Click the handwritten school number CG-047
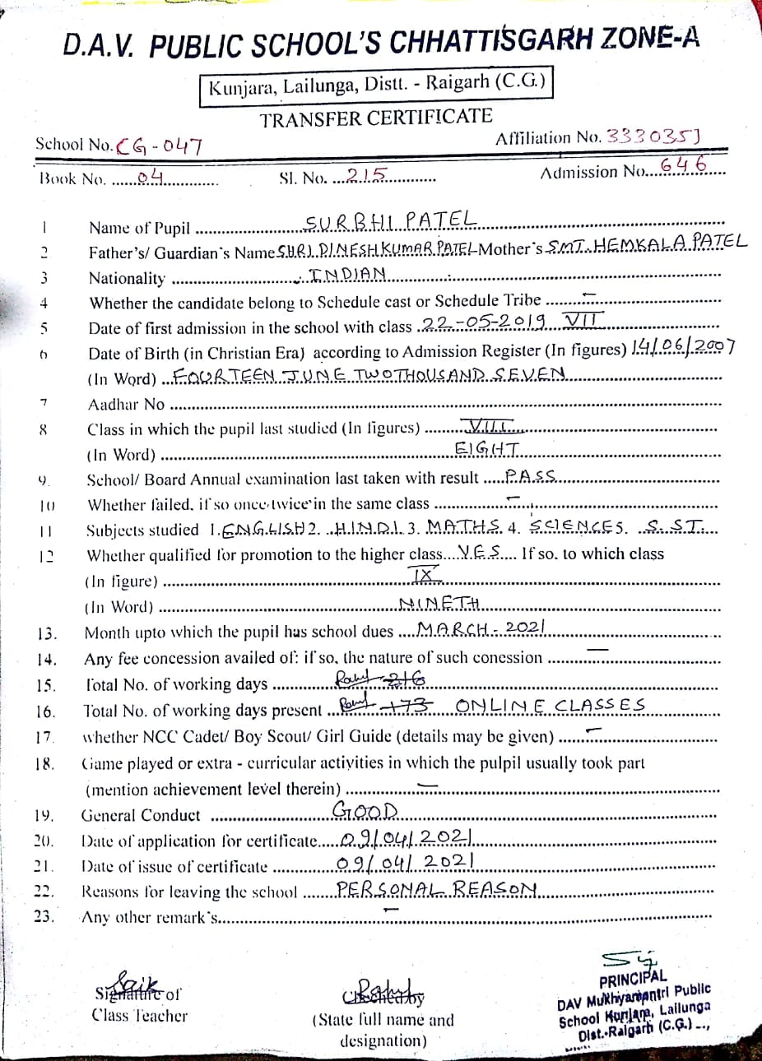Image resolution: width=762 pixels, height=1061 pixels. coord(160,146)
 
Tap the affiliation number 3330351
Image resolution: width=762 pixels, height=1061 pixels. coord(653,137)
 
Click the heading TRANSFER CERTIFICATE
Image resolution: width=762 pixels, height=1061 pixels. coord(376,118)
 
